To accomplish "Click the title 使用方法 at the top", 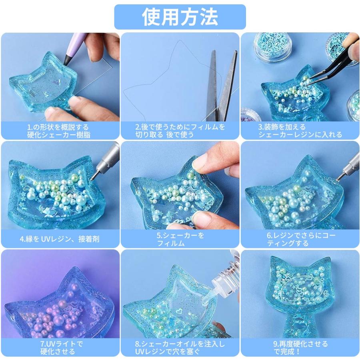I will pos(180,17).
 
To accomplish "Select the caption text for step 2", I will pos(180,131).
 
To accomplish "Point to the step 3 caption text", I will pos(300,131).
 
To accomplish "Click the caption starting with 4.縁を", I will pos(60,239).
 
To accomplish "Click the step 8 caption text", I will pos(180,348).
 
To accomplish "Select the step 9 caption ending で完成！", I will pos(300,348).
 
